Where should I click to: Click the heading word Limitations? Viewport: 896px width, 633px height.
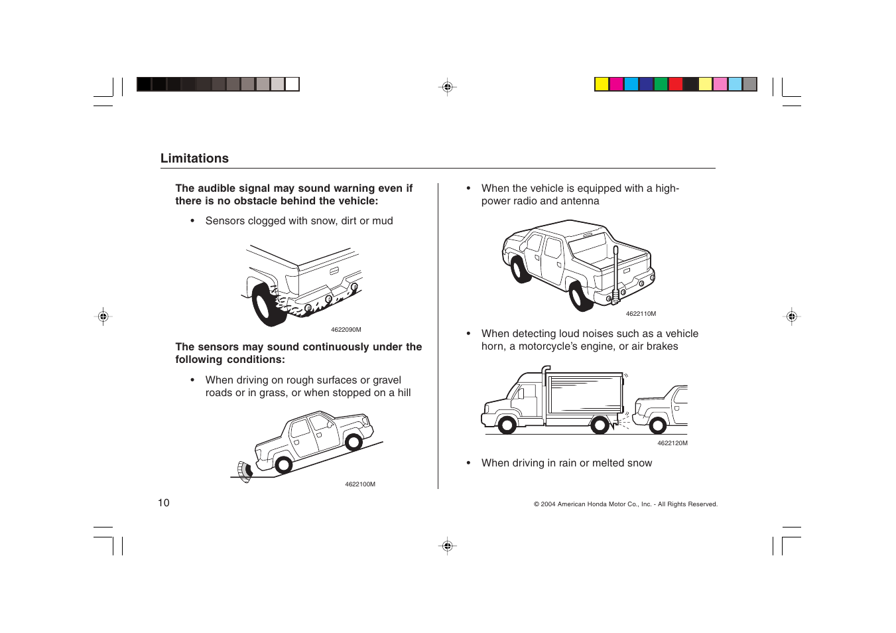click(194, 159)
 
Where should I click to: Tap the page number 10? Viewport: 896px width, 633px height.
click(163, 503)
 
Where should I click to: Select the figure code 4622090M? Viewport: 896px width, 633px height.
click(346, 330)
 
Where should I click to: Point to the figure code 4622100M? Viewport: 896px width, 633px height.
click(359, 484)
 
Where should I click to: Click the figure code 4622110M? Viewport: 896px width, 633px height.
click(641, 314)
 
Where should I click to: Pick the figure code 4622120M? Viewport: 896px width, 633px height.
click(672, 443)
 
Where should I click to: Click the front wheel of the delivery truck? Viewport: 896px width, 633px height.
click(507, 424)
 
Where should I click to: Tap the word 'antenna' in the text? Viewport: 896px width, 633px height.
click(580, 201)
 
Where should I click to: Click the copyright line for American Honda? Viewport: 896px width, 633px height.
click(625, 504)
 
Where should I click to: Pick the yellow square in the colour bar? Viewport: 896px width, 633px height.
click(602, 84)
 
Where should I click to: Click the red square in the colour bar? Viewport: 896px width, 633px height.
click(675, 84)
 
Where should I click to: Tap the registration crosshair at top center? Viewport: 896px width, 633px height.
click(448, 87)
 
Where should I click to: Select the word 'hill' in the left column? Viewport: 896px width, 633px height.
click(403, 393)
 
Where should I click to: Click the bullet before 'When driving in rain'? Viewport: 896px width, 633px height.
click(468, 463)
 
